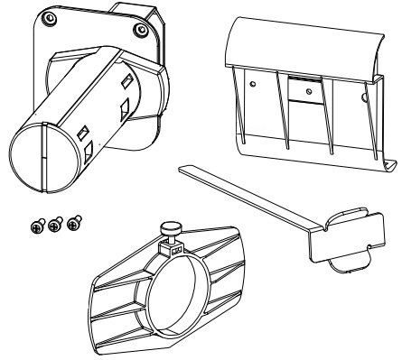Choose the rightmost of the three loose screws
pyautogui.click(x=74, y=219)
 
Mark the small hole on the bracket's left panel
pyautogui.click(x=255, y=83)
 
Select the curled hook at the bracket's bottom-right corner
pyautogui.click(x=389, y=163)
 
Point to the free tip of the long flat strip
pyautogui.click(x=184, y=166)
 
